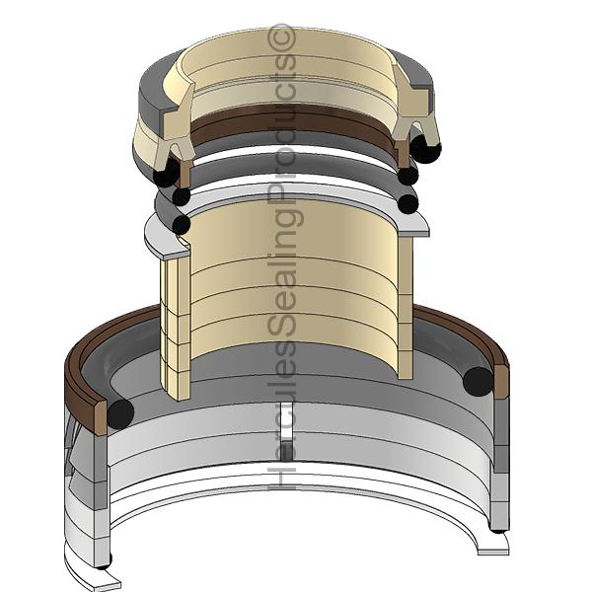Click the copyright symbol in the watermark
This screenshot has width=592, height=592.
pos(285,35)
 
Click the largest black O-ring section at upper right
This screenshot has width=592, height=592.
pos(426,148)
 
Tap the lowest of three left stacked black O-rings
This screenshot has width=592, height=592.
pos(181,225)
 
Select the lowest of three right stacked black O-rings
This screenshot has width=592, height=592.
pos(406,204)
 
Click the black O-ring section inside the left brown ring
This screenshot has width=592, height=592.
pos(120,412)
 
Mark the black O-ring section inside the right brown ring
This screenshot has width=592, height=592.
pos(479,382)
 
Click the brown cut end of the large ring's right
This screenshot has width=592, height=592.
pos(501,380)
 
